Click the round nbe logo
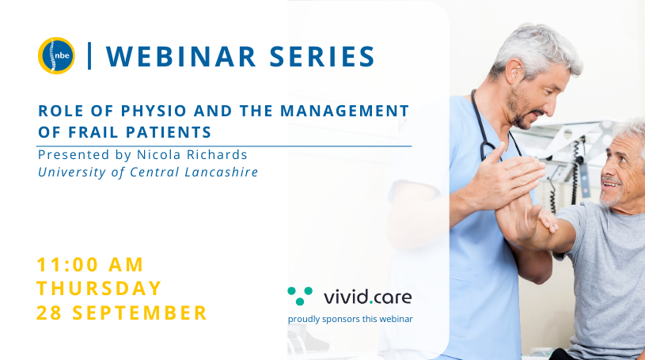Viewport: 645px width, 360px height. [56, 56]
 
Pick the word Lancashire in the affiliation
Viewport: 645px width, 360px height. [222, 172]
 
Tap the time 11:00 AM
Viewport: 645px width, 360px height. [90, 264]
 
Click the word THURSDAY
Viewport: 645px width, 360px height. [99, 288]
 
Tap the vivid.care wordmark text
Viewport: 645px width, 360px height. [367, 297]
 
